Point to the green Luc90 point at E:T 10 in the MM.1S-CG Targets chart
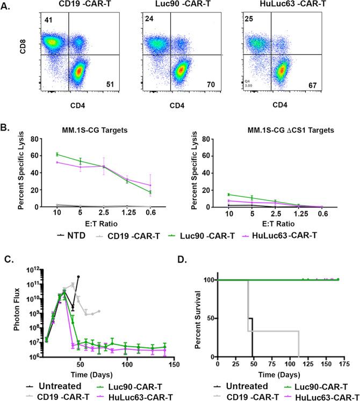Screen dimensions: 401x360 click(57, 154)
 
